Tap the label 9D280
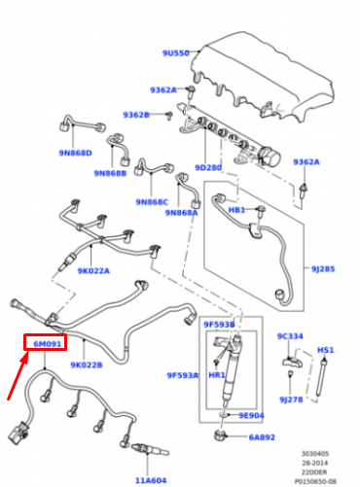209,168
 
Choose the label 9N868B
110,173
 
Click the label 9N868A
181,213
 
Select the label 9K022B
88,365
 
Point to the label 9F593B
219,323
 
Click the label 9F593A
182,373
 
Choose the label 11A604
152,480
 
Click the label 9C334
290,336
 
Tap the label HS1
326,349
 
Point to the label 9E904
250,415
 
